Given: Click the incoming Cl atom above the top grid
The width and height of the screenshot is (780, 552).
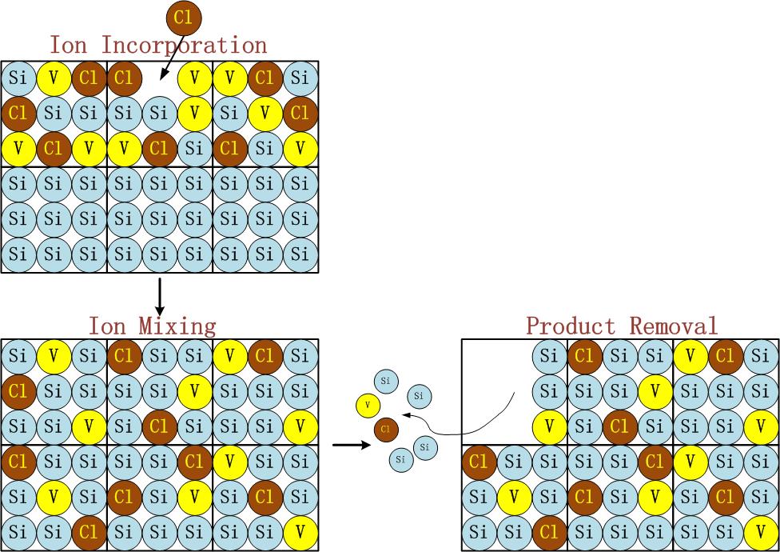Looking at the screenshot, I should click(184, 18).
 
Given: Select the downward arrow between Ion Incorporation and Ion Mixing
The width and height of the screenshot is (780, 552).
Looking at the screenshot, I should click(159, 296).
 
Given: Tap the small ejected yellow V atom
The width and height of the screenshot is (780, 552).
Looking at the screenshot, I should click(367, 406).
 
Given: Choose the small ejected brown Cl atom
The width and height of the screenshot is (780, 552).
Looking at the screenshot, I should click(386, 430).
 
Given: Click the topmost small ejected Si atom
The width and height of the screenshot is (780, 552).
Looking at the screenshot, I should click(386, 380).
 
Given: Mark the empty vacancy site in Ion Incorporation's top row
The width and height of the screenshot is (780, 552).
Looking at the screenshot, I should click(159, 78).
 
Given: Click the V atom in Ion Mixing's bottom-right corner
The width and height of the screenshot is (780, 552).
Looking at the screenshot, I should click(300, 532).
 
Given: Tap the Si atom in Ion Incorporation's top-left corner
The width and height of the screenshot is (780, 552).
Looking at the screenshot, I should click(18, 78).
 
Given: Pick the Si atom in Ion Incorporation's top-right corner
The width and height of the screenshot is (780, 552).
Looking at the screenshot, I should click(300, 78).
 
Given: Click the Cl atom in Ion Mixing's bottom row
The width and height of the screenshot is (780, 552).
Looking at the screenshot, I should click(89, 532).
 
